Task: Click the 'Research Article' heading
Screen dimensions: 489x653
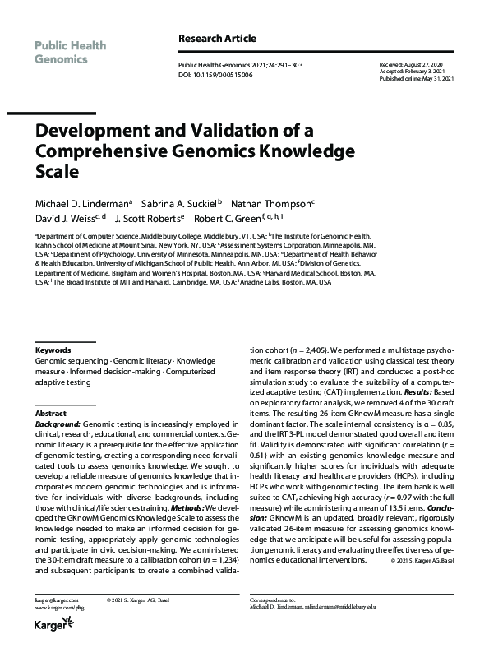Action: pyautogui.click(x=217, y=38)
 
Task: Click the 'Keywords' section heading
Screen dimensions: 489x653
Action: pyautogui.click(x=53, y=350)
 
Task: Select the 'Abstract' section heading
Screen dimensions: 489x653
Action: pyautogui.click(x=51, y=413)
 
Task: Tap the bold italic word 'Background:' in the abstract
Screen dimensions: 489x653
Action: pyautogui.click(x=58, y=423)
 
